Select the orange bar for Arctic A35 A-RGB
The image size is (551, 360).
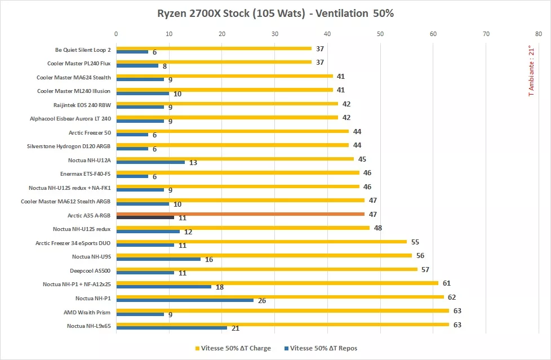240,214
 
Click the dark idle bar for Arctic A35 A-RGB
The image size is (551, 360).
145,217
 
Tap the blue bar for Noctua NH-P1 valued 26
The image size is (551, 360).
185,300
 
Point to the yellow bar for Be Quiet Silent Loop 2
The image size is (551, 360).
214,48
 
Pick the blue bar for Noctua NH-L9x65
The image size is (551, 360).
171,328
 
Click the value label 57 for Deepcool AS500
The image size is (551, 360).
425,269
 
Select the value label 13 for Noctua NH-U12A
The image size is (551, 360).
193,163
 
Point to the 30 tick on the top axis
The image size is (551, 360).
275,34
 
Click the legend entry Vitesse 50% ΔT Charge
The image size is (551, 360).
232,348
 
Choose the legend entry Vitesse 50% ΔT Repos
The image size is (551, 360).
323,348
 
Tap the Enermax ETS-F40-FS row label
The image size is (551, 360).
85,174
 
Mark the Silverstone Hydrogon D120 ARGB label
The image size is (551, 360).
69,146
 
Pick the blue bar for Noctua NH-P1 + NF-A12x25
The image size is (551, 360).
163,286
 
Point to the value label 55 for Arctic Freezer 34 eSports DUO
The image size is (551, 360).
415,242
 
